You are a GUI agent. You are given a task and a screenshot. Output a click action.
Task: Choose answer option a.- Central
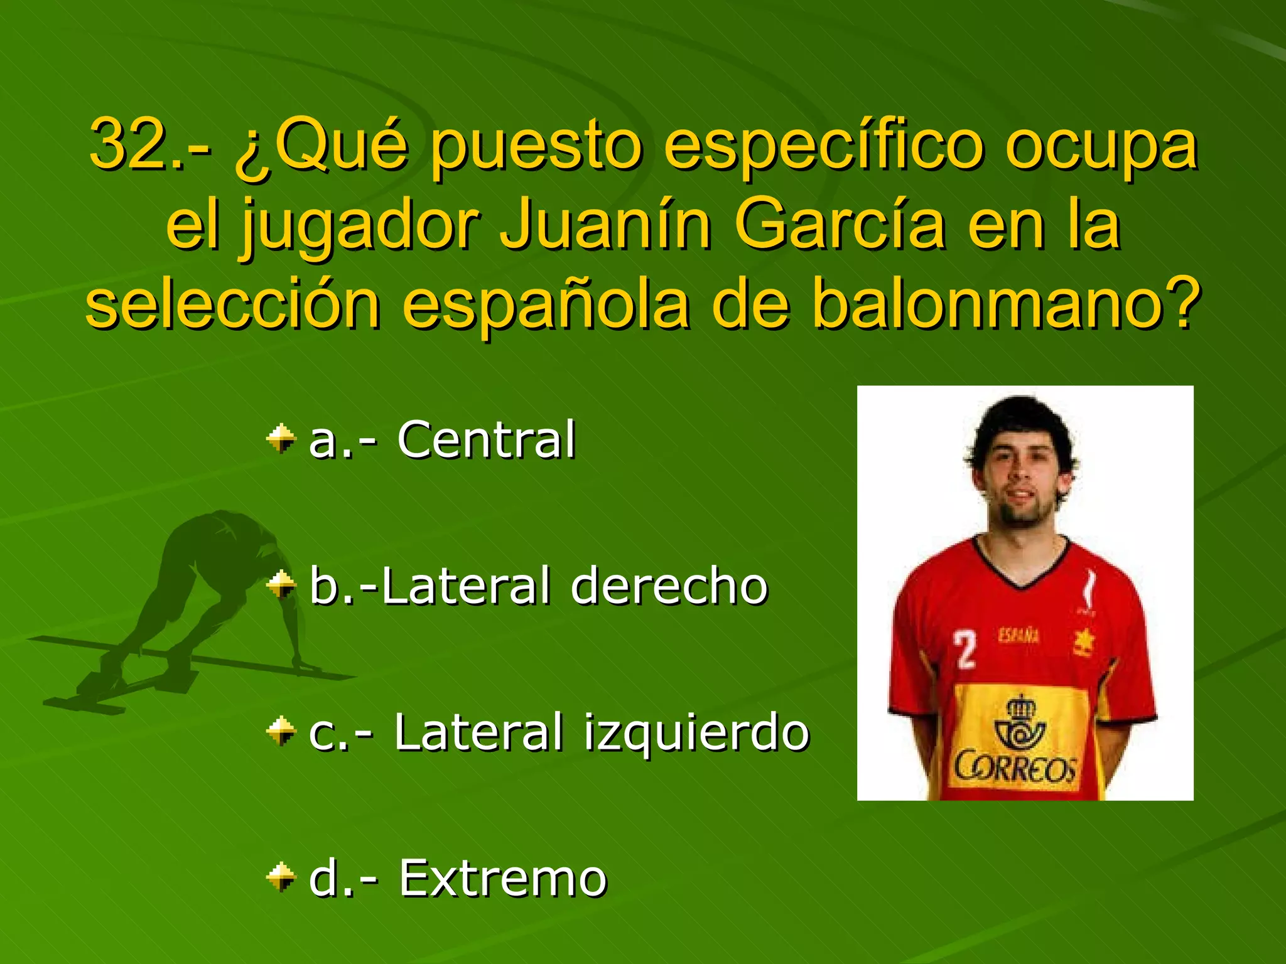442,440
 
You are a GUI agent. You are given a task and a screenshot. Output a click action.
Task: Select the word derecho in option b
669,586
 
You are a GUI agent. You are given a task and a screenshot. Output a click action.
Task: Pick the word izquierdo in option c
696,732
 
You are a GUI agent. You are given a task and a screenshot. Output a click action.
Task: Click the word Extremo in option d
503,878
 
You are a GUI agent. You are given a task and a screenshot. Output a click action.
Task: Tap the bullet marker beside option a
281,439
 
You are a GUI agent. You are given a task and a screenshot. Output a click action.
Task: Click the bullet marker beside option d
281,877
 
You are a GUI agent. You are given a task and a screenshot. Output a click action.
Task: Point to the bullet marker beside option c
281,731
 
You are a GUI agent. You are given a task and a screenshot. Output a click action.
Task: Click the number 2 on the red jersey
965,650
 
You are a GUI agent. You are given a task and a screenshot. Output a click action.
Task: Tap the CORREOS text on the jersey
1015,767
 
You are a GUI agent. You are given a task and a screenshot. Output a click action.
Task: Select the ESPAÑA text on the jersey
1019,636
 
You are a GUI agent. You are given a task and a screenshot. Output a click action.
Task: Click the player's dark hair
1020,420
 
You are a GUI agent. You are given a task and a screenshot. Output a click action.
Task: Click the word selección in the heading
232,305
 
